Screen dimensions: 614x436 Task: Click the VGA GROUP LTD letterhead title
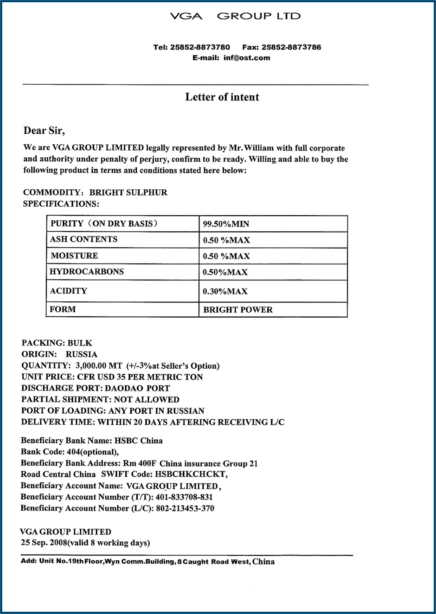click(x=235, y=16)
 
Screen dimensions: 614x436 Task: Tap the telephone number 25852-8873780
click(x=200, y=47)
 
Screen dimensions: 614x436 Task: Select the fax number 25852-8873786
click(x=291, y=47)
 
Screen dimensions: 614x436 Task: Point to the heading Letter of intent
click(x=222, y=97)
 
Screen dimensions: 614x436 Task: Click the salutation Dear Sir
click(x=44, y=131)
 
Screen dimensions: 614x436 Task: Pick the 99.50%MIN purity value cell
click(x=226, y=224)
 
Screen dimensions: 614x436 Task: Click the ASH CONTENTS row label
click(x=84, y=239)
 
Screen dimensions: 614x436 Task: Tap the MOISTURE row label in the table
click(x=74, y=256)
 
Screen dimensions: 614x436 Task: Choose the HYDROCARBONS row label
click(x=87, y=272)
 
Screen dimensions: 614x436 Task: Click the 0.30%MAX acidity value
click(x=225, y=291)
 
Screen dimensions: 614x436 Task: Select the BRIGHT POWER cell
click(x=238, y=310)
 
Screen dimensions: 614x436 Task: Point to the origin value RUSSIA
click(x=81, y=354)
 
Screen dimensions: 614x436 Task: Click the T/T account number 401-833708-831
click(x=184, y=497)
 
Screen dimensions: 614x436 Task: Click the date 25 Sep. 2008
click(x=43, y=542)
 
